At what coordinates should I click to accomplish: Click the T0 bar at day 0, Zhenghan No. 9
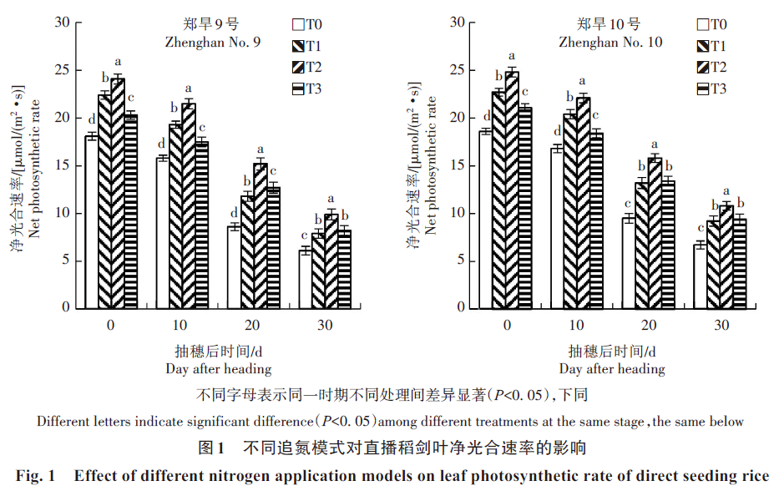coord(92,221)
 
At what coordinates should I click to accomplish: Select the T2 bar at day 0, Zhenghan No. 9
coord(118,193)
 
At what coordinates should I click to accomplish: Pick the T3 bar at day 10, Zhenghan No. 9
coord(201,225)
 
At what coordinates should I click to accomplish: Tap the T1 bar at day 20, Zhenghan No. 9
coord(247,251)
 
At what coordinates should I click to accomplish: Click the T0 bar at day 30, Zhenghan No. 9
coord(306,278)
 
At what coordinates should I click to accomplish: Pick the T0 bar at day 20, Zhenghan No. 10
coord(629,262)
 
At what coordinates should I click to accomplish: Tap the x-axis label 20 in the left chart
coord(254,324)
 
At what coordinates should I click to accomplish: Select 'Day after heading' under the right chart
coord(612,368)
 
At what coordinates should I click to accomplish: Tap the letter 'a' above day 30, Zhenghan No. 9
coord(331,199)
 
